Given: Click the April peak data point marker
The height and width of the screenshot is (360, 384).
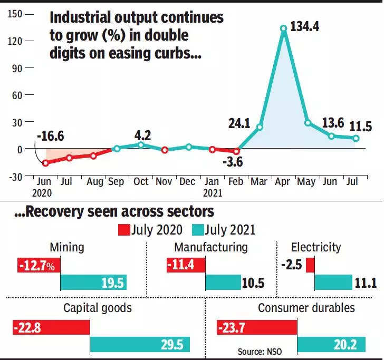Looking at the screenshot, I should (284, 28).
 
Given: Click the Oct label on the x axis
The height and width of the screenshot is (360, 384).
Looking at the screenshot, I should (141, 181).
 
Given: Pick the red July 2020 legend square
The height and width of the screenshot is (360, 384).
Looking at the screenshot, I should (124, 229).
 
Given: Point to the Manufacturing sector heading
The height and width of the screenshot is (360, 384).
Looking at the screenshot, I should (210, 247).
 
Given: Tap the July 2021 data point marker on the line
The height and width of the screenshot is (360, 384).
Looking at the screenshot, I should (356, 139).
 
